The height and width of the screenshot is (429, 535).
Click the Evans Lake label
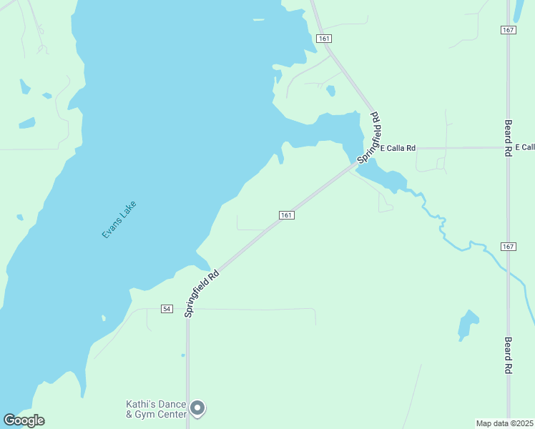(x=119, y=220)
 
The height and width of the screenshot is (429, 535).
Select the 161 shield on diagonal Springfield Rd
(x=286, y=215)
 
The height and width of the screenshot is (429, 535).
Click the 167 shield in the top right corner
(x=508, y=29)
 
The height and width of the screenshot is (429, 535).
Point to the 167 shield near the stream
(x=508, y=247)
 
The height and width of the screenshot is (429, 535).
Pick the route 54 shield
(x=167, y=309)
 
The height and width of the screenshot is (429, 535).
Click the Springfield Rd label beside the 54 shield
(x=201, y=293)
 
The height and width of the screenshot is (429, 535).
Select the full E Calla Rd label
(x=398, y=148)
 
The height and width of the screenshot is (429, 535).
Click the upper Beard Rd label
(x=509, y=138)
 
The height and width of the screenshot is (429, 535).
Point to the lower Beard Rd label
(x=509, y=355)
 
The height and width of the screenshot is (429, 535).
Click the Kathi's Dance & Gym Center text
(x=157, y=409)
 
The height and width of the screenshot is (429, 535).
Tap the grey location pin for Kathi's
(x=198, y=408)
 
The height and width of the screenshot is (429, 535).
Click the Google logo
(x=24, y=420)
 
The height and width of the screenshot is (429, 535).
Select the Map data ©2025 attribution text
(x=504, y=423)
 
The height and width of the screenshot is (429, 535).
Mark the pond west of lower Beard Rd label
(x=468, y=324)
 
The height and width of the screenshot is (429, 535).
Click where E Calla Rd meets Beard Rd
(x=508, y=148)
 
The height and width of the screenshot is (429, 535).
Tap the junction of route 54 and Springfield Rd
(x=187, y=310)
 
